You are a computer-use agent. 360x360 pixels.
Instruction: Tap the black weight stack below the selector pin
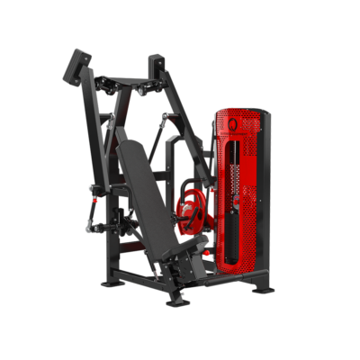pos(237,229)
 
